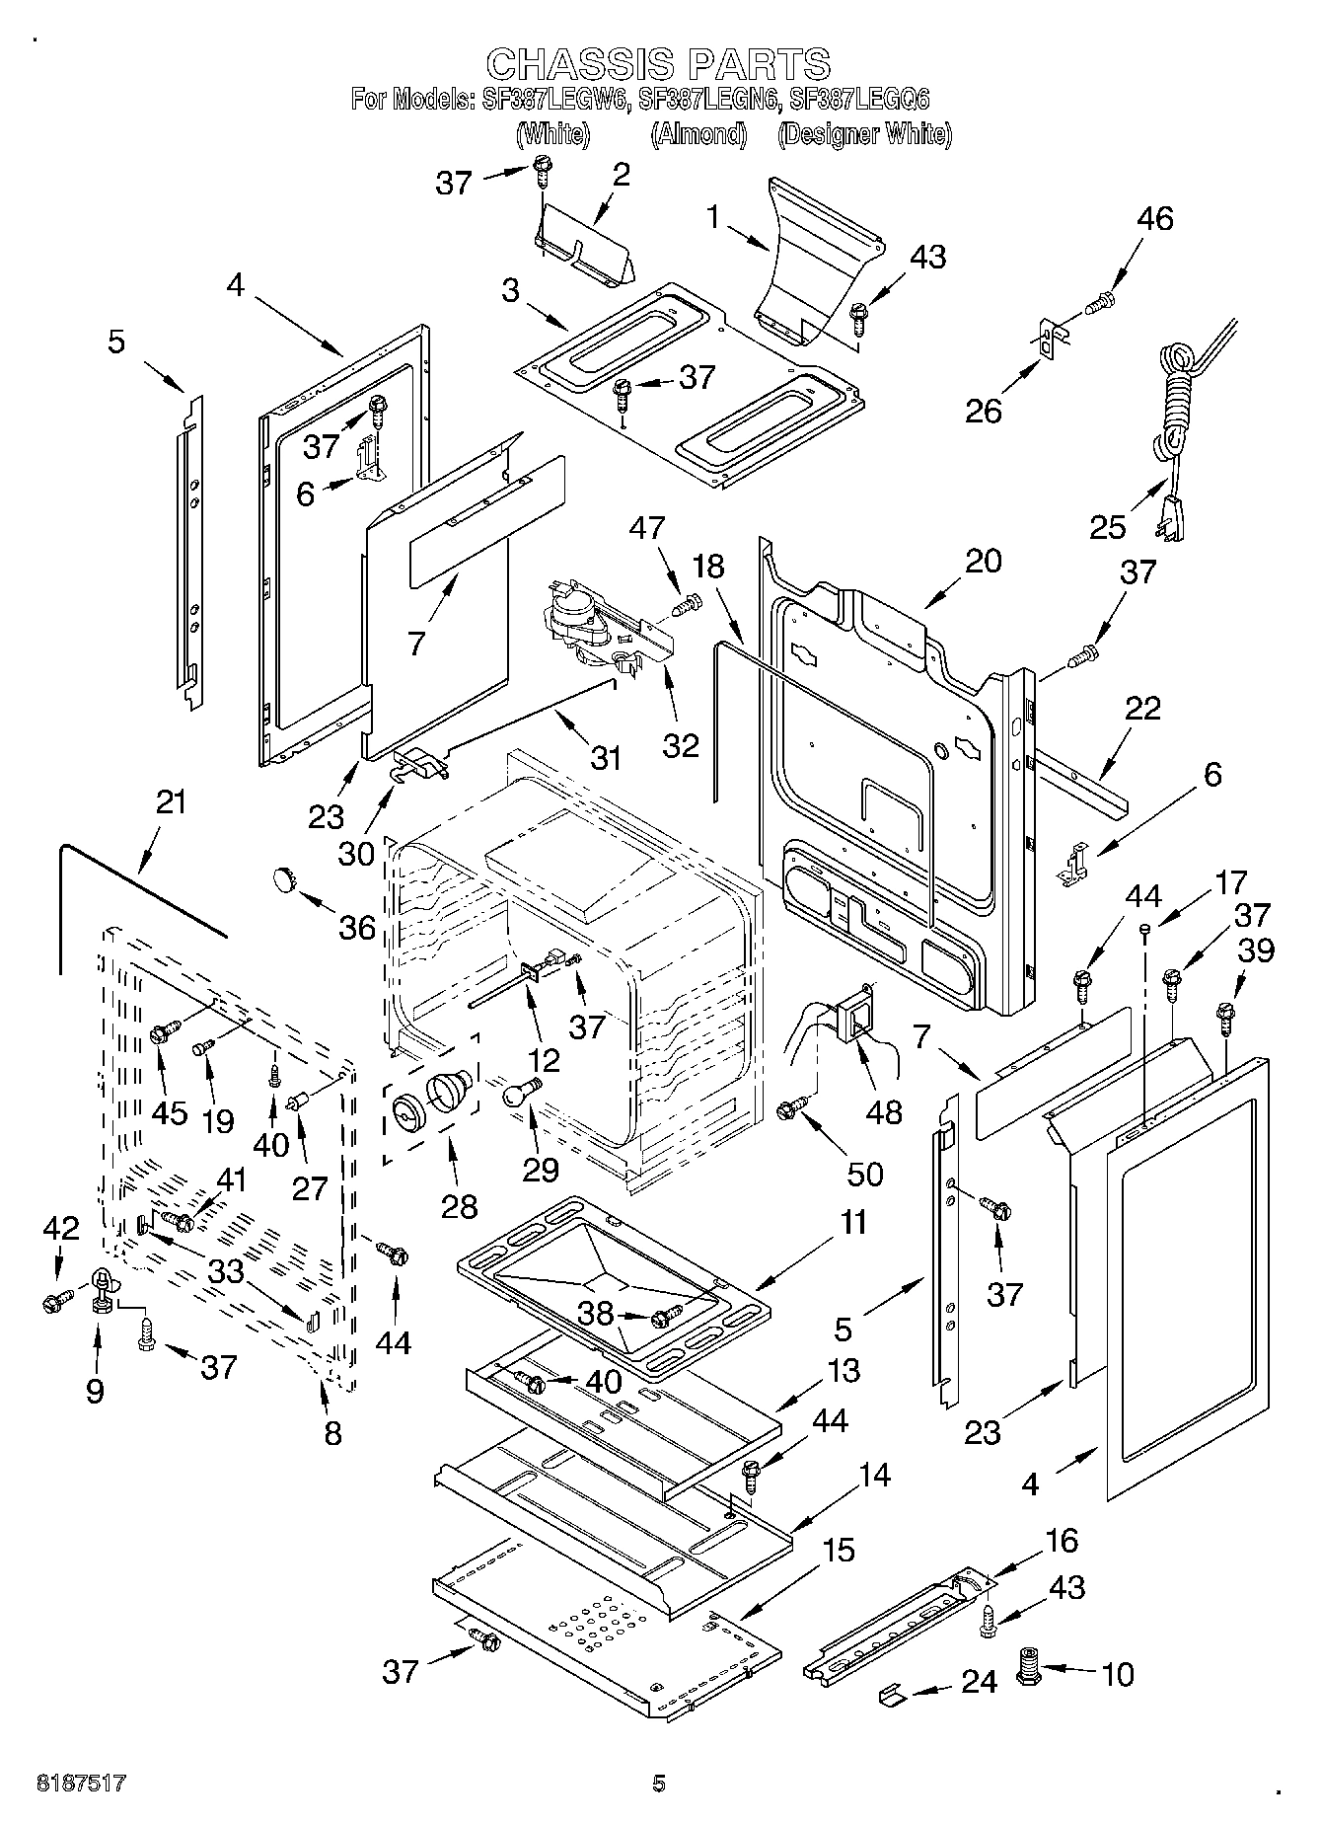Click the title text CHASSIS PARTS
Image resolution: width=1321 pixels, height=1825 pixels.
[x=659, y=64]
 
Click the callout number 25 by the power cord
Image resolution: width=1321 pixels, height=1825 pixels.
[x=1108, y=527]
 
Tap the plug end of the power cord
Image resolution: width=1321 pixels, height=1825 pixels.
[x=1170, y=519]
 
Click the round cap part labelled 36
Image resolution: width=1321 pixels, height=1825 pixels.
[x=285, y=876]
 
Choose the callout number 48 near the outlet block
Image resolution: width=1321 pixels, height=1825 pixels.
[x=883, y=1111]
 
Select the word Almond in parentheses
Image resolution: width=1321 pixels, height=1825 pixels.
[x=697, y=135]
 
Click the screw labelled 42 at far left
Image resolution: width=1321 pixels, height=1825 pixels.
[x=54, y=1302]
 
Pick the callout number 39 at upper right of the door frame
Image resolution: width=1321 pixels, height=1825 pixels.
[x=1256, y=950]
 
